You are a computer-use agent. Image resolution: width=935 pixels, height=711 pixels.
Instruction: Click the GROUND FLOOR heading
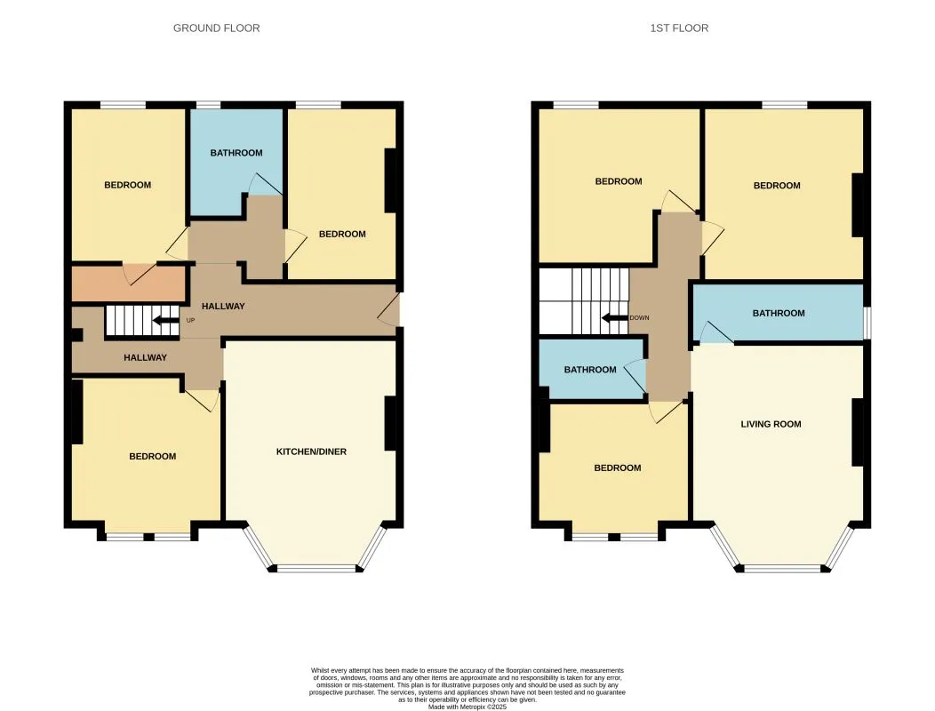point(217,28)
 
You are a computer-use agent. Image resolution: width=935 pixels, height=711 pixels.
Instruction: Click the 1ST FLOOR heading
point(679,28)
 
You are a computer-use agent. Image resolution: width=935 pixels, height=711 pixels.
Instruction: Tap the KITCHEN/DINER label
point(311,451)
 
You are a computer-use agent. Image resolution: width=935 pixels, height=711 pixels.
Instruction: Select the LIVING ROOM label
point(771,424)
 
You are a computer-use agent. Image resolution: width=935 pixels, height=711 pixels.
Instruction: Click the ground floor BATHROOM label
point(236,153)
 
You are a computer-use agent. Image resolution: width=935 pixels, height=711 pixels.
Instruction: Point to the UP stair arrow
point(165,320)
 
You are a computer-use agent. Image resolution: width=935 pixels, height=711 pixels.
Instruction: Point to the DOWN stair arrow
point(614,317)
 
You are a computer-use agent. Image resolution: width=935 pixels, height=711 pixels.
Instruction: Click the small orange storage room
point(129,284)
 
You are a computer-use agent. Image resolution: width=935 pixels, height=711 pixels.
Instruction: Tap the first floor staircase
point(585,301)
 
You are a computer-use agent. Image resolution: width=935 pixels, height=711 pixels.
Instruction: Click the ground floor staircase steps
point(142,320)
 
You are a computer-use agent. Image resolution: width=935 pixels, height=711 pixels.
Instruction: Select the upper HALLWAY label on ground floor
point(223,306)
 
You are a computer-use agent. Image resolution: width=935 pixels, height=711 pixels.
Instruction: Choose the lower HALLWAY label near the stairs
point(145,357)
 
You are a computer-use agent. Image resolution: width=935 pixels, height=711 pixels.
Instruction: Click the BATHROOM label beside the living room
point(779,313)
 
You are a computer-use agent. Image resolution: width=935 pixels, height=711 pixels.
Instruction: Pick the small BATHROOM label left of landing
point(590,370)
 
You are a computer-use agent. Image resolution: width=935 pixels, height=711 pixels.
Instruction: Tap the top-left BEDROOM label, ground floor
point(128,185)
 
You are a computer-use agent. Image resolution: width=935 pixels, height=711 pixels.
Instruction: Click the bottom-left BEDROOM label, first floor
point(618,467)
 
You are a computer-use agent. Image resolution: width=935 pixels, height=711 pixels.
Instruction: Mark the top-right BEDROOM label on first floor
point(777,186)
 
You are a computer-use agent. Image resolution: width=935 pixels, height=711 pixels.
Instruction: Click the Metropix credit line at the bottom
point(467,707)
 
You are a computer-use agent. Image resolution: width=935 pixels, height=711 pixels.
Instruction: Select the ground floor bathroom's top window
point(208,105)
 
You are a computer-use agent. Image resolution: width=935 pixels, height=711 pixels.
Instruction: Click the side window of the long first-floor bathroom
point(867,323)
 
